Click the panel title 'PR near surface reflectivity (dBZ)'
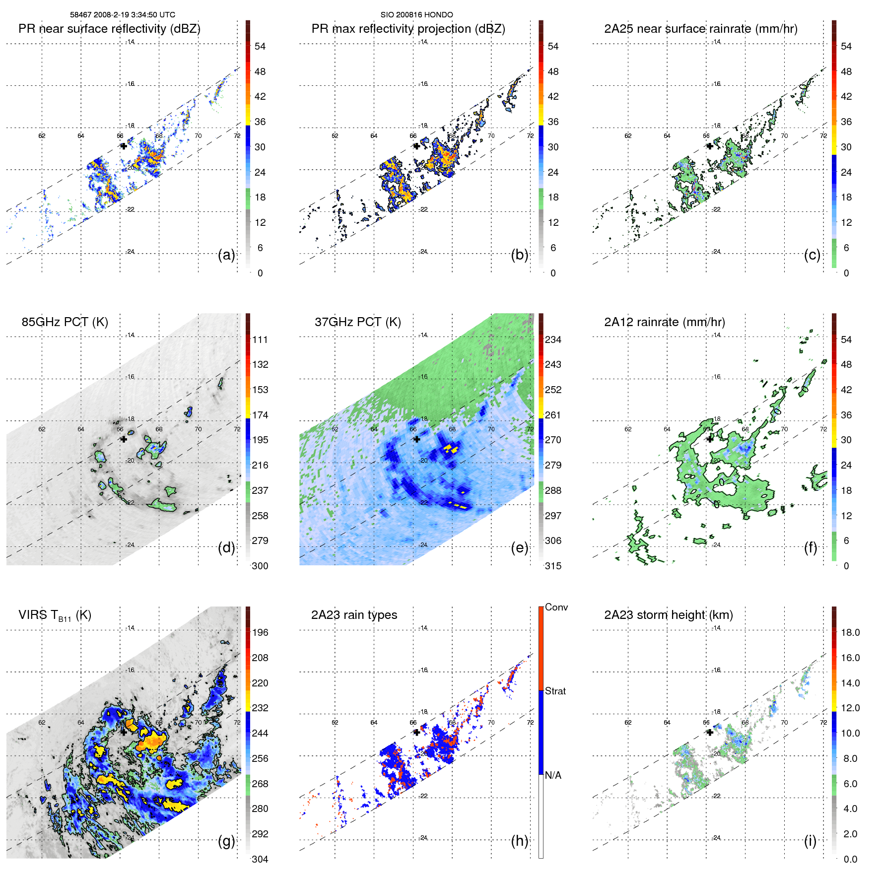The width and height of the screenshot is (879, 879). [109, 29]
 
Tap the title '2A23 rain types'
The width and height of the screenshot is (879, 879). [354, 615]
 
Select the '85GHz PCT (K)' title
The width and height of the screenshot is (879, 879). [65, 322]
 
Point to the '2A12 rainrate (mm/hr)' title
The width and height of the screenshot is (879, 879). [664, 322]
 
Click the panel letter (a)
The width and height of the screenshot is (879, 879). [226, 255]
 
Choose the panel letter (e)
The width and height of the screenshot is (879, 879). [520, 548]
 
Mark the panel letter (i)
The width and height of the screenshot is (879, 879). [810, 841]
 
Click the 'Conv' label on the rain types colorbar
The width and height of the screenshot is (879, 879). [556, 608]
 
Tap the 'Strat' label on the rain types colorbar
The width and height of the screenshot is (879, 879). [555, 691]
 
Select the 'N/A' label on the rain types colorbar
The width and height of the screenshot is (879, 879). [553, 775]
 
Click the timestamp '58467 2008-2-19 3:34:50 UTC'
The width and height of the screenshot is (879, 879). [123, 15]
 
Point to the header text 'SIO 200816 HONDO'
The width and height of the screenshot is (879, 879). [416, 15]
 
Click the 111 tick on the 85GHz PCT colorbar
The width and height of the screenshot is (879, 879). [260, 340]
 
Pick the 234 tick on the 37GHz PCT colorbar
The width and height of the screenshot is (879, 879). [553, 340]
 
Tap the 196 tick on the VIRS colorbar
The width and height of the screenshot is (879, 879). [260, 633]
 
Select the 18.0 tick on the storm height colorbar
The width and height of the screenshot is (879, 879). [850, 633]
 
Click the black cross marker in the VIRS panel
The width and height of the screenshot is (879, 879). [124, 732]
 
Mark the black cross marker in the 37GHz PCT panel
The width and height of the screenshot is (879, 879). [416, 439]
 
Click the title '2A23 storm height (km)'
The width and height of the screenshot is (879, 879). [668, 615]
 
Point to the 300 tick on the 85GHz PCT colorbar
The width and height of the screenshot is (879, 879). [260, 566]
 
